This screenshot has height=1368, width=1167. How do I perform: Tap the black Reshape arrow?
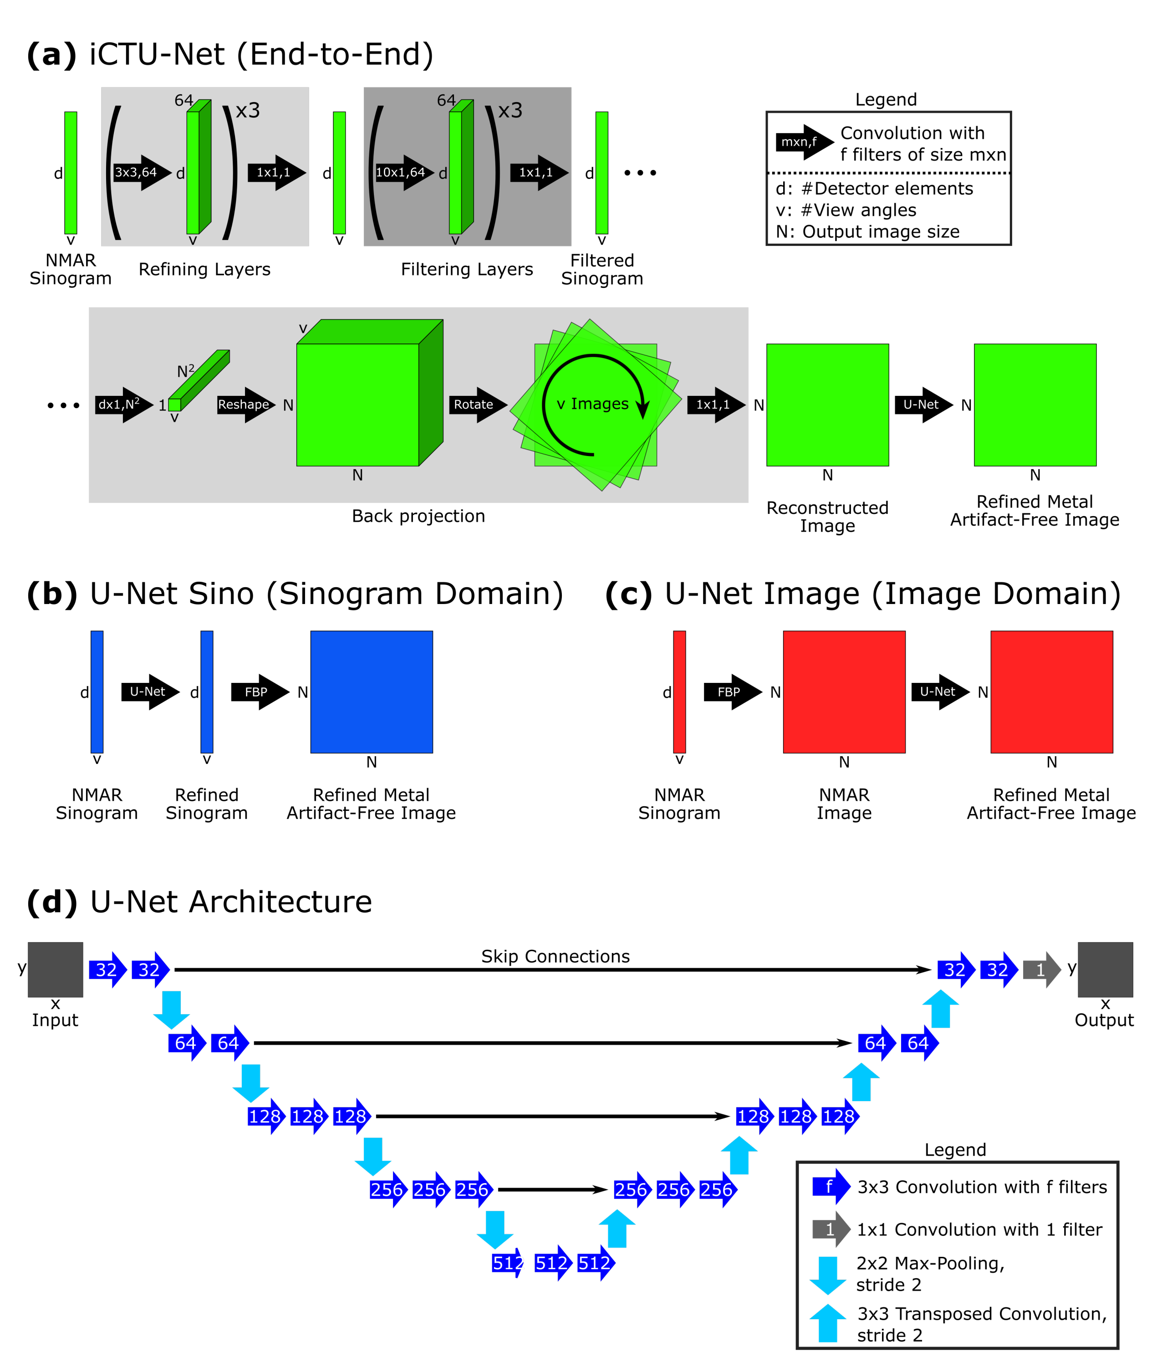(245, 405)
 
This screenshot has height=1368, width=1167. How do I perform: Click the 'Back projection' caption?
(418, 516)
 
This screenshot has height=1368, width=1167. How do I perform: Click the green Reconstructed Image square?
(827, 405)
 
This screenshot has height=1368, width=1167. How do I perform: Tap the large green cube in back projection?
(358, 404)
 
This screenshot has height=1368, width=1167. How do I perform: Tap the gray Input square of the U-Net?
(56, 969)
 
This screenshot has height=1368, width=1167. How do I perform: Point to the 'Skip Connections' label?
(555, 956)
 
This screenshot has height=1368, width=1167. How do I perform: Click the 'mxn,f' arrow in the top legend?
(803, 142)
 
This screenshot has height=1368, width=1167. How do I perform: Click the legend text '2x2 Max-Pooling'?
(929, 1263)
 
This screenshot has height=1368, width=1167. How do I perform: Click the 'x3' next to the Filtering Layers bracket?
(510, 110)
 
